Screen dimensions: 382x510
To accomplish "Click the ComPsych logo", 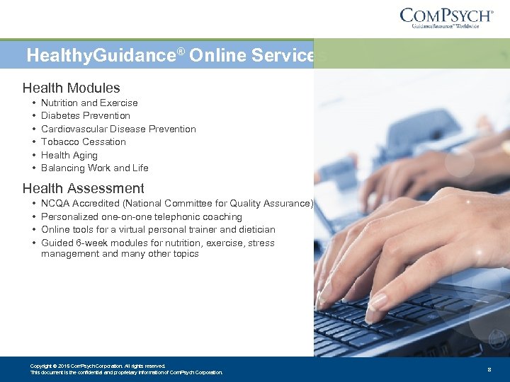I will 446,18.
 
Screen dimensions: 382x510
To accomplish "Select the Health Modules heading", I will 71,88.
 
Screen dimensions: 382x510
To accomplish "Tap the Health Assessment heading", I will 83,188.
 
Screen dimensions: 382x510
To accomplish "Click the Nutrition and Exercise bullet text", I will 89,103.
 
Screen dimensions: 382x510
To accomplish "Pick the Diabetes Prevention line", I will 85,115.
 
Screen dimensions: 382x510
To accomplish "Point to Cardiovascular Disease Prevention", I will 118,129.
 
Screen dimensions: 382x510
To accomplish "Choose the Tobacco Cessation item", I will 83,141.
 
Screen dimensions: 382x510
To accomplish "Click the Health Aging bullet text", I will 69,155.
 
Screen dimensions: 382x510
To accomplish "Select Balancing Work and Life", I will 94,168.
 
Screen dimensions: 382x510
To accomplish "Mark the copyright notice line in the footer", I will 98,366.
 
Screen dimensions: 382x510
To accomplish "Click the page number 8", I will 489,369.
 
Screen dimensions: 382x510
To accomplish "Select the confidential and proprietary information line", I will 126,372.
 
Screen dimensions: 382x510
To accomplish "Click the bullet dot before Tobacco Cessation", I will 33,141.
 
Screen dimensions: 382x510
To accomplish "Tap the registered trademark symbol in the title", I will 181,51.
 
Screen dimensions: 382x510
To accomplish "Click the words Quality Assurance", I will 276,204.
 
